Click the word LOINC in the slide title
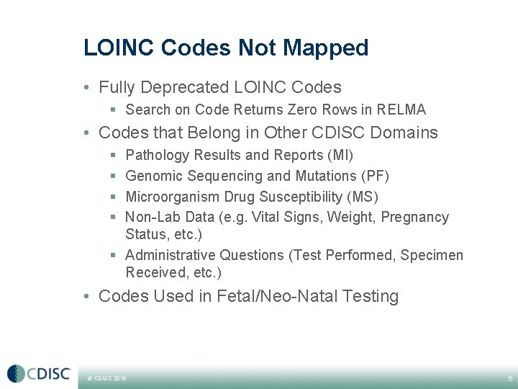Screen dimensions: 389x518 [119, 48]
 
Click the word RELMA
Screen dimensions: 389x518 [400, 110]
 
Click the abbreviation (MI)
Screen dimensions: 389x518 [340, 156]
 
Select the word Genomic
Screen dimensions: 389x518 [153, 176]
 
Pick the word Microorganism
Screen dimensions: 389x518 [171, 197]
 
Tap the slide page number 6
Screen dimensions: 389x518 [509, 377]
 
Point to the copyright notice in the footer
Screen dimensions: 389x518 [106, 377]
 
